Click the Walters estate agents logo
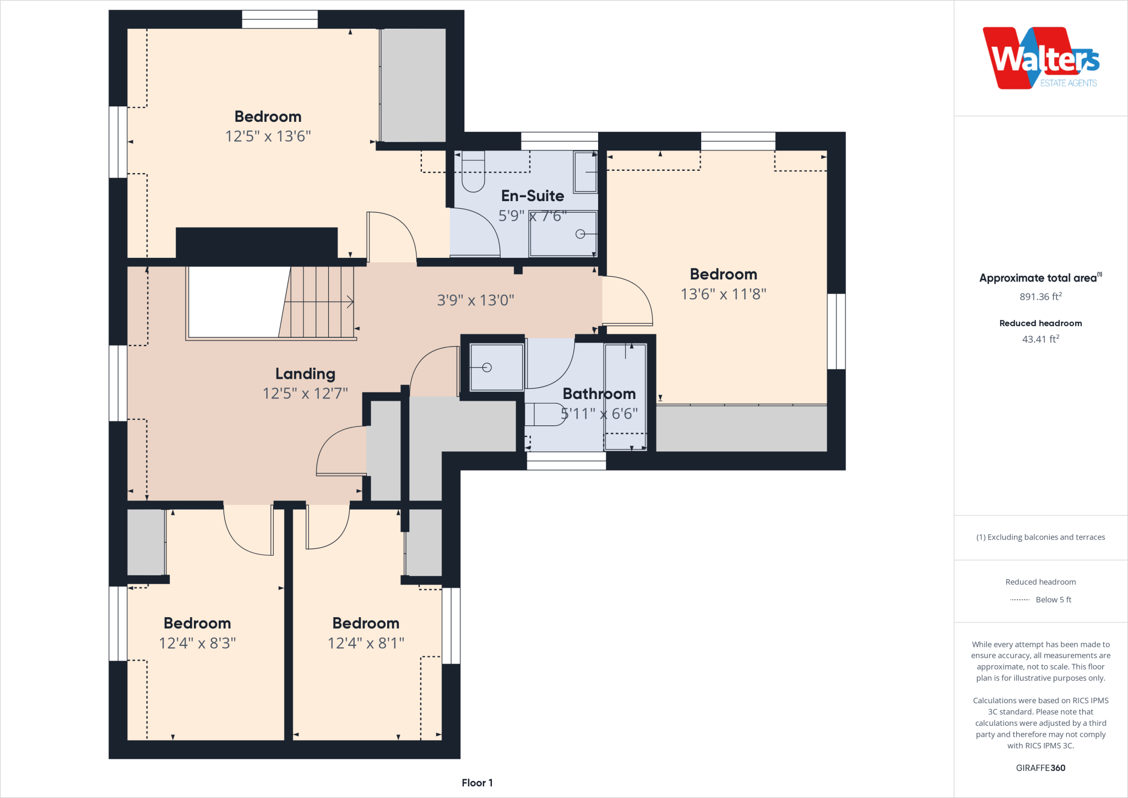1040,58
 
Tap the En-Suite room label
532,196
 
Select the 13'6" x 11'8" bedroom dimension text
723,294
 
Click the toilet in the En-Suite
473,172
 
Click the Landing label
305,374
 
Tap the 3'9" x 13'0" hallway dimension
475,300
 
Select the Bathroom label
599,393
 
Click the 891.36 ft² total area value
1040,296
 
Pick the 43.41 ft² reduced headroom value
1040,339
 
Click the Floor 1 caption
477,783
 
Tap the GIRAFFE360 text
1040,768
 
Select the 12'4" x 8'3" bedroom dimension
197,643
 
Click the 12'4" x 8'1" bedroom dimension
366,643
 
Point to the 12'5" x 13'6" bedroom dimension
268,136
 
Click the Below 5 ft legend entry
1053,600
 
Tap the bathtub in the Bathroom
625,397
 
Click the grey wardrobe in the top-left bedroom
413,85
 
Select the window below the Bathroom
566,461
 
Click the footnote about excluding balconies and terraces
1040,537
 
